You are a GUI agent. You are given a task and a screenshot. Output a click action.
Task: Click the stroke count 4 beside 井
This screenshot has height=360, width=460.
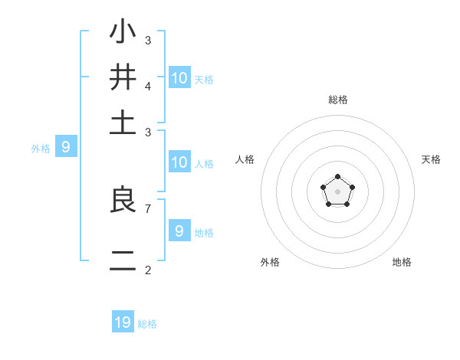[x=148, y=86]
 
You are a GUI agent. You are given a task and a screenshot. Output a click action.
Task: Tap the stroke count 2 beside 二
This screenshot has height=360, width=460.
[x=148, y=270]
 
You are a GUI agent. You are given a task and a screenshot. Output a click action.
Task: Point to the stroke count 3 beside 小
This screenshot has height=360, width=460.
[x=148, y=40]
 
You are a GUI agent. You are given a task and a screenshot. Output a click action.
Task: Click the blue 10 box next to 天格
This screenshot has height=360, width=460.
[x=179, y=77]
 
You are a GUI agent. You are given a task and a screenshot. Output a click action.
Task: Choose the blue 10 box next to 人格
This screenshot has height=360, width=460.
[x=179, y=162]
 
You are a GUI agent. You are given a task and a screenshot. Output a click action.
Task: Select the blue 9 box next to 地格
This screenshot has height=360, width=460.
[x=179, y=231]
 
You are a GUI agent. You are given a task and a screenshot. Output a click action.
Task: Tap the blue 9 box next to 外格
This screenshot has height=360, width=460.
[x=65, y=147]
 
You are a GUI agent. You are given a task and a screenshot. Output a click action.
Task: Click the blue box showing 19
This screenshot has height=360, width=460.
[x=123, y=322]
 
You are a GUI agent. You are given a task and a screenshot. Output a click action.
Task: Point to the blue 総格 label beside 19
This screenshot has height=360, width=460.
[x=147, y=324]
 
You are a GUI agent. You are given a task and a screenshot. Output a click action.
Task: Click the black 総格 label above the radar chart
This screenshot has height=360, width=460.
[x=337, y=100]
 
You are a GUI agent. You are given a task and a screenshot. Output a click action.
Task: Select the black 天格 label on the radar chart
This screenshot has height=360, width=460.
[x=431, y=159]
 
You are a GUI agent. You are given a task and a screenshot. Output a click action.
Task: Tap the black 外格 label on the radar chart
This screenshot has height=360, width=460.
[x=270, y=262]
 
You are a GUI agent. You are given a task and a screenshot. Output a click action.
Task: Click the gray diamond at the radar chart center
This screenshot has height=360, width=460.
[x=337, y=191]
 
